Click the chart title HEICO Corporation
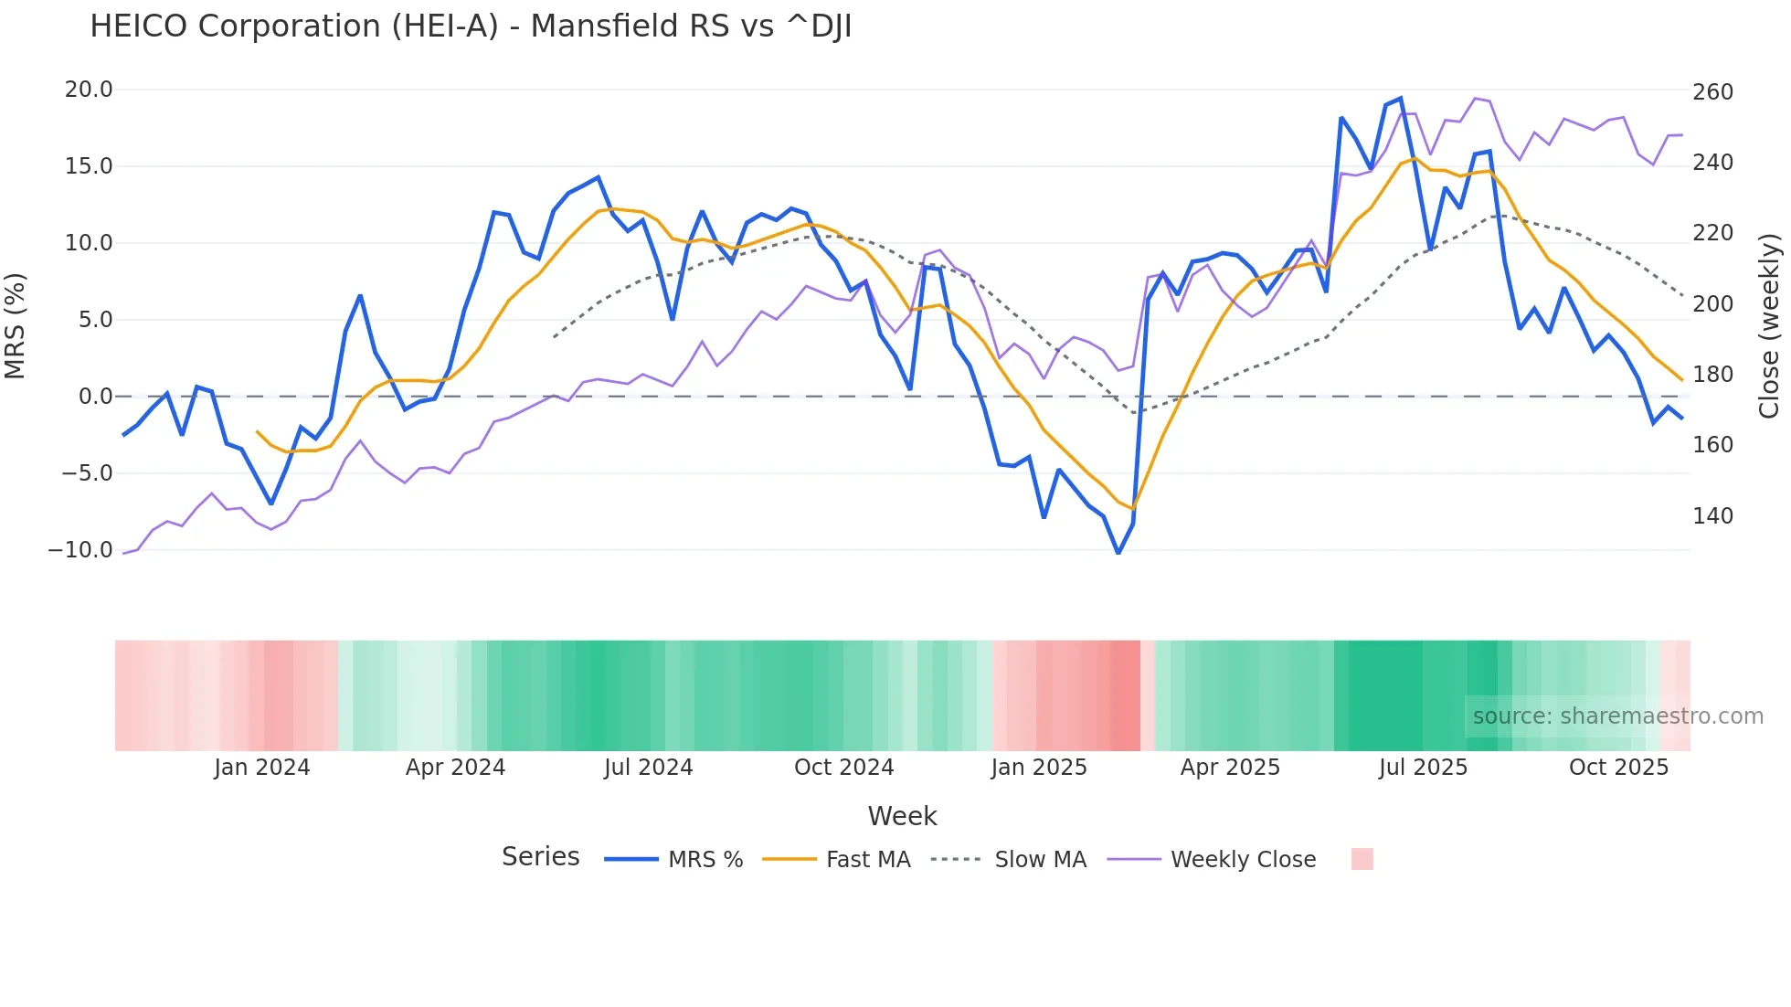471,26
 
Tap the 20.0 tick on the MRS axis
89,90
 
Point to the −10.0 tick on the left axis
80,550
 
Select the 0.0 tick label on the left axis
95,397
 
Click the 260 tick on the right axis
1712,92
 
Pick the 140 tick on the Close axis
1712,516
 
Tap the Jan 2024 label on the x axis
262,768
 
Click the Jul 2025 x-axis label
1423,768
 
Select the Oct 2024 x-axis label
843,768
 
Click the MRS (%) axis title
16,325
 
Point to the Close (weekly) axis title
1770,325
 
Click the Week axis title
902,816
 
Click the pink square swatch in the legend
1362,859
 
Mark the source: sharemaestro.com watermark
1617,716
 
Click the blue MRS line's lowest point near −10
1118,553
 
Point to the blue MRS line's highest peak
1401,98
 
